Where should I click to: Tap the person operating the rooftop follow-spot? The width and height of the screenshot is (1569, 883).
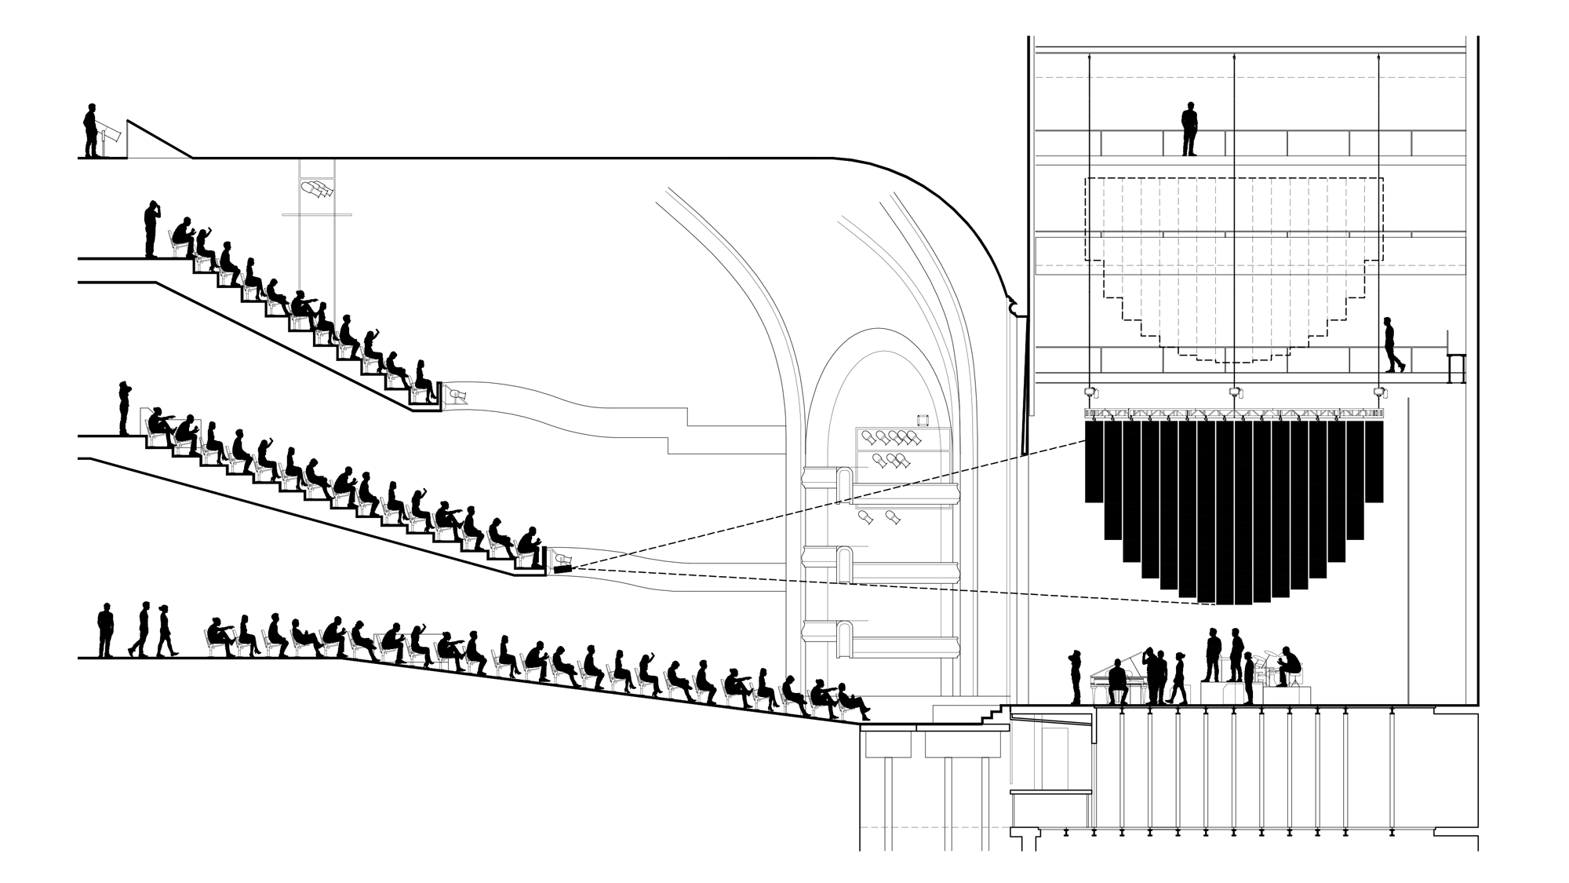click(x=92, y=130)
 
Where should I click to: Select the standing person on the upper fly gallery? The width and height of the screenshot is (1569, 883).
click(x=1189, y=129)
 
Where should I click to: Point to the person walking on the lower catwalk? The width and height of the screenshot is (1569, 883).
click(x=1392, y=345)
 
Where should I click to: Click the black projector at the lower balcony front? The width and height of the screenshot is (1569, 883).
click(x=562, y=567)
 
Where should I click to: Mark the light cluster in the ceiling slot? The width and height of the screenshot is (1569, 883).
click(x=316, y=189)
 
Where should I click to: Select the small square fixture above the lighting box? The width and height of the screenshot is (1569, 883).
click(x=923, y=420)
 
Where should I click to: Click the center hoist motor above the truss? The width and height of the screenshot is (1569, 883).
click(x=1236, y=392)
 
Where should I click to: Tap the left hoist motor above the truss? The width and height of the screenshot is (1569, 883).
click(x=1089, y=392)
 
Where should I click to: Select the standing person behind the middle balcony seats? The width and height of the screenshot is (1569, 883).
click(x=124, y=408)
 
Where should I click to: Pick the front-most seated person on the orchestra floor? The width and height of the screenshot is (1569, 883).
click(x=851, y=702)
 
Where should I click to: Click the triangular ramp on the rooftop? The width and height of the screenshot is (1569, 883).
click(x=157, y=141)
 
